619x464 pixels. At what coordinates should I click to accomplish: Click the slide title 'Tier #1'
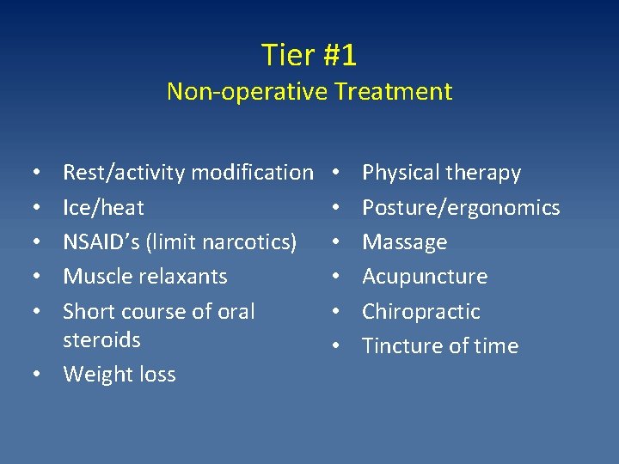pos(309,56)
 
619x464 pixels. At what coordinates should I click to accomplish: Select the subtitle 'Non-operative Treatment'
pos(309,91)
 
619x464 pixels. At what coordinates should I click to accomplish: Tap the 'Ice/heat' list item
pos(103,208)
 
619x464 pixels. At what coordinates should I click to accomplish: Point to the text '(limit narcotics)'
pos(222,242)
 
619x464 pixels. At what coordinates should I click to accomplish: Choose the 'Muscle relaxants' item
pos(145,277)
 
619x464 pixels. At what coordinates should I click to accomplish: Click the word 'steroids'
pos(101,340)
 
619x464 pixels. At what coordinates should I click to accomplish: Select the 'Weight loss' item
pos(120,375)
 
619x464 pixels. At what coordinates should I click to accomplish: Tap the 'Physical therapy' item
pos(441,174)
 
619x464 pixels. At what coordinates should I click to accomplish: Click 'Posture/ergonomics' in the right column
pos(461,208)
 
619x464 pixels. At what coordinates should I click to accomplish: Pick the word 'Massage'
pos(404,242)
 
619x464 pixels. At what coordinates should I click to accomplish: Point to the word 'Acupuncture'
pos(425,277)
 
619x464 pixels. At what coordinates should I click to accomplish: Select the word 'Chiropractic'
pos(421,311)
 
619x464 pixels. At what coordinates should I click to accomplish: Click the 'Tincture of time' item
pos(440,346)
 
